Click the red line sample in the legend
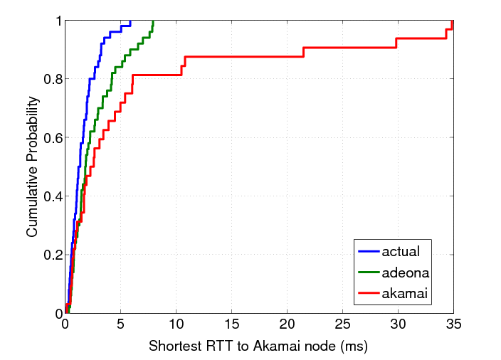(x=368, y=292)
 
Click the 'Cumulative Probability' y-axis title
(x=33, y=166)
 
